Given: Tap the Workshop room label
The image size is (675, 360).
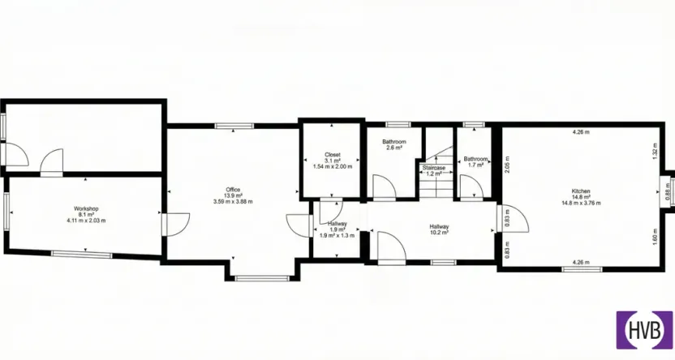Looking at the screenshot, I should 85,208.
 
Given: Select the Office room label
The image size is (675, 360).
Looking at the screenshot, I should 233,190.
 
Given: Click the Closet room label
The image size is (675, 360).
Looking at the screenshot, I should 333,154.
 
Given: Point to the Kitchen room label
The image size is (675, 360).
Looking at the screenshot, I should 581,191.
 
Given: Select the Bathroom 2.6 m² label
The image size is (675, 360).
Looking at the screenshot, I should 394,144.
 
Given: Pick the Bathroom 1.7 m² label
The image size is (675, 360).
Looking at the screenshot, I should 475,159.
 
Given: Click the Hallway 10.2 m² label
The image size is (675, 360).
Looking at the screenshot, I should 439,227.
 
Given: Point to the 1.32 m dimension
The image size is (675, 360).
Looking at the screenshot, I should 654,150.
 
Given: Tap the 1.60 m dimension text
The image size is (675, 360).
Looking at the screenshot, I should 654,238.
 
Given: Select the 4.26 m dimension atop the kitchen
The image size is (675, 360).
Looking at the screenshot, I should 580,131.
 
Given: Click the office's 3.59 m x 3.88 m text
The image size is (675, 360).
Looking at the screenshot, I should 233,201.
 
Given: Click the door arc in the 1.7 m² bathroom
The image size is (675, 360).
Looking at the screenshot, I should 469,187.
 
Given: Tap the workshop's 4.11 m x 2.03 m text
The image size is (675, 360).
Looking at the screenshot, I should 85,220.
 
